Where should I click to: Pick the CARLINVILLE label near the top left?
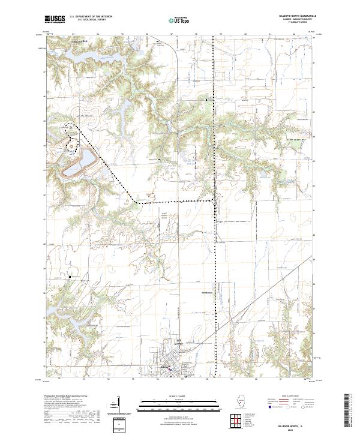point(79,41)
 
